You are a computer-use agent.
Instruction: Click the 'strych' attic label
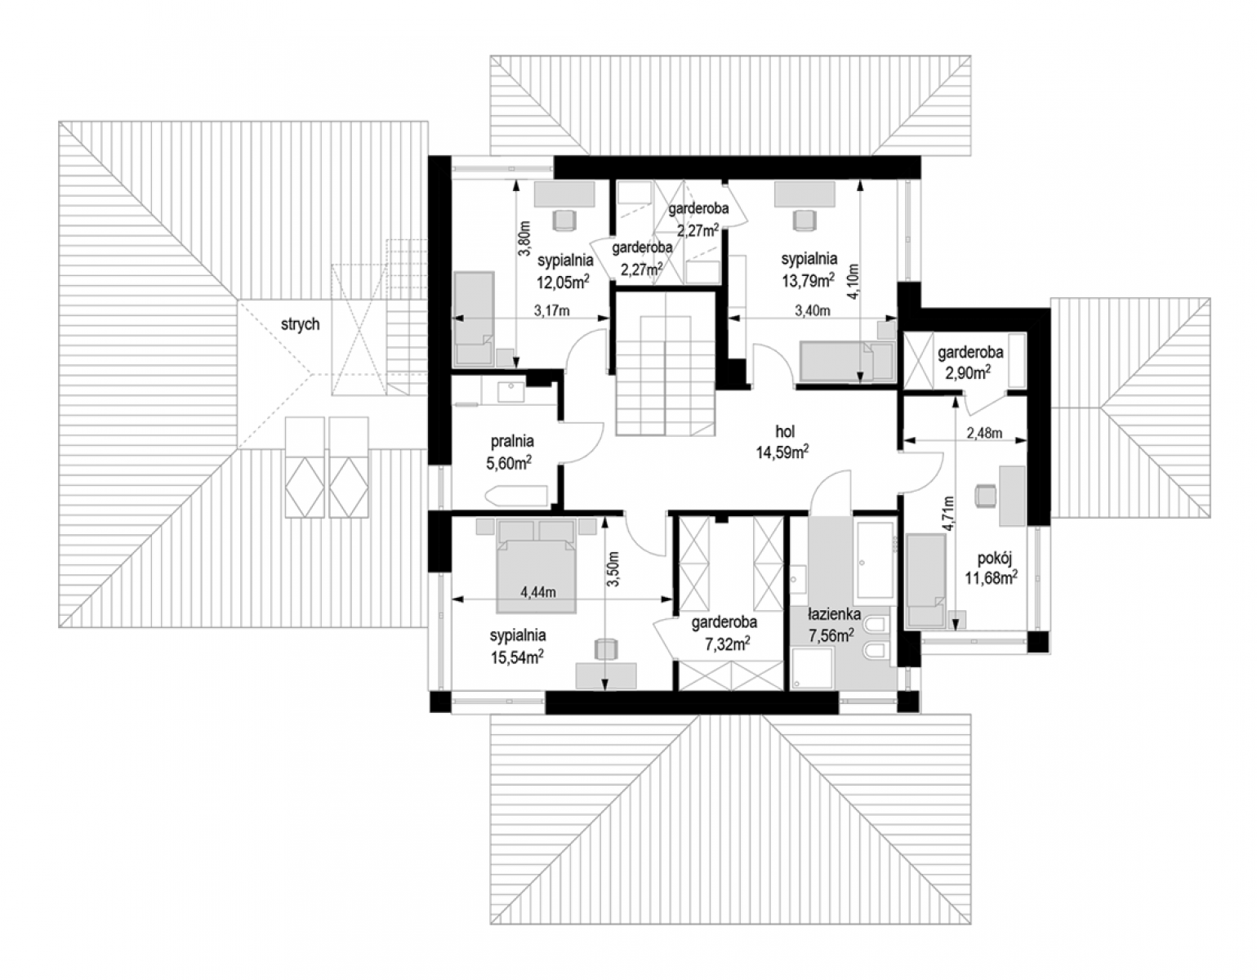tap(301, 324)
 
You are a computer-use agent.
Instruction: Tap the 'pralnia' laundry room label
tap(512, 442)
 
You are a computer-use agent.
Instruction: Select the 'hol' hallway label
tap(785, 431)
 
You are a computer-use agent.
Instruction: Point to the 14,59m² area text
tap(782, 452)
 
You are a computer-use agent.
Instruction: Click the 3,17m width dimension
tap(551, 310)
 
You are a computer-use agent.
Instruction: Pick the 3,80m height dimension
tap(524, 238)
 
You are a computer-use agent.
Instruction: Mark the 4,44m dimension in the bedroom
tap(538, 591)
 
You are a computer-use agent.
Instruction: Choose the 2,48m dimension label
tap(984, 433)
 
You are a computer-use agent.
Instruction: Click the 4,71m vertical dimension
tap(948, 514)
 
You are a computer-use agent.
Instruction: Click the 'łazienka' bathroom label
tap(834, 614)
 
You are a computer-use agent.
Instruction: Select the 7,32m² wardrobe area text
tap(728, 644)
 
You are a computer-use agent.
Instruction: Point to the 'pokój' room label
tap(994, 559)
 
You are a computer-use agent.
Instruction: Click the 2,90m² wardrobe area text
tap(968, 372)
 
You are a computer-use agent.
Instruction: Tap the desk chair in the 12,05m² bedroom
tap(564, 220)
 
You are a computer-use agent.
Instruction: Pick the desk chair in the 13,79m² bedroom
tap(805, 220)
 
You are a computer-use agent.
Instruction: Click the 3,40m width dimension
tap(812, 310)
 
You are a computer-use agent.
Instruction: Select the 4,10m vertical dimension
tap(854, 282)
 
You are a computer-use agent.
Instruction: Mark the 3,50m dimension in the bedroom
tap(613, 569)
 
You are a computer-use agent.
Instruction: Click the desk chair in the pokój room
tap(987, 496)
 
